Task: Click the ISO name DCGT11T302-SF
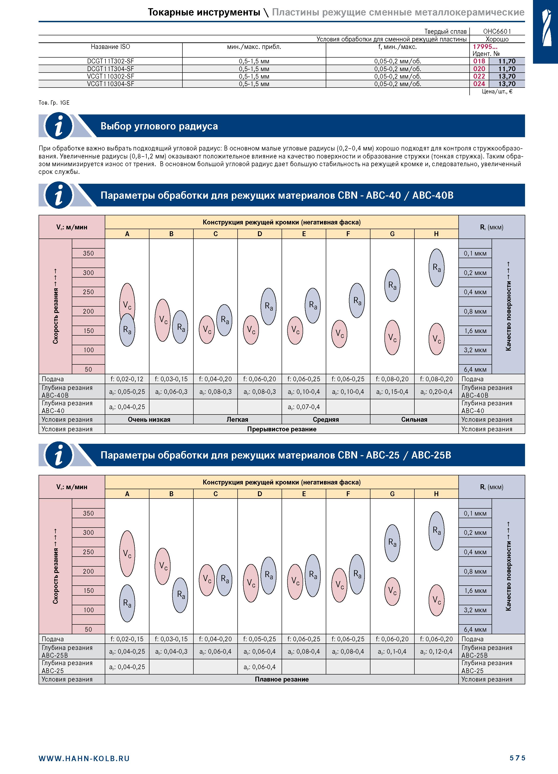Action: pos(111,61)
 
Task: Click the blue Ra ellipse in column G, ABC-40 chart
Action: pos(392,285)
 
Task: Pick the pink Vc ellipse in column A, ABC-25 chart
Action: pos(127,554)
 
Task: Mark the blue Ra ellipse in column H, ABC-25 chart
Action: pos(437,531)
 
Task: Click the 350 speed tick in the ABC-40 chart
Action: pos(88,253)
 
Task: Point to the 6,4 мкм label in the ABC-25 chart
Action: pos(475,629)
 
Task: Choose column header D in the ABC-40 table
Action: pos(260,234)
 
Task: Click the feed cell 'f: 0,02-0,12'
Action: pos(127,379)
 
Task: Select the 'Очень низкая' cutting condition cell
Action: pos(149,419)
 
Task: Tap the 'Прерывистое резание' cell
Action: pos(282,429)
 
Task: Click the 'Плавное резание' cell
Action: pos(282,679)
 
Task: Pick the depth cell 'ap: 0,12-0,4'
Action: pos(437,652)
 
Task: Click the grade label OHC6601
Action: pos(497,31)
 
